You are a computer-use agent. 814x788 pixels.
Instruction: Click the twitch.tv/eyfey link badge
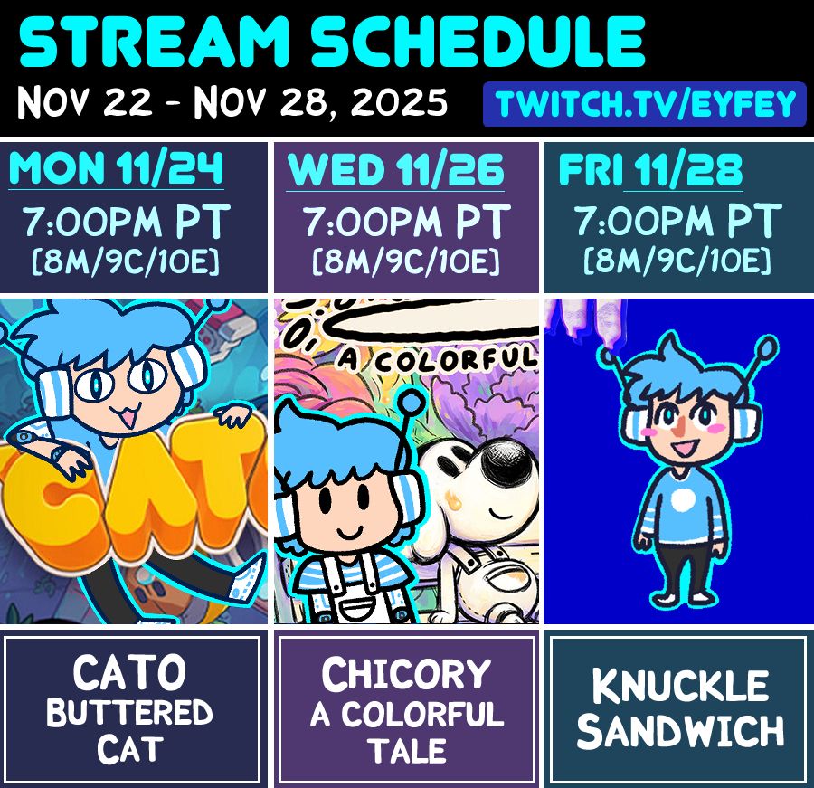pos(644,105)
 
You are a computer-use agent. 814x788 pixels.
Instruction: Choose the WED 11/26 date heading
pos(396,171)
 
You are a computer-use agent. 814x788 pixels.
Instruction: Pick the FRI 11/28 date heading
pos(650,170)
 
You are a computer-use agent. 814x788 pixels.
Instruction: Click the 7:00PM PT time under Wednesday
pos(406,222)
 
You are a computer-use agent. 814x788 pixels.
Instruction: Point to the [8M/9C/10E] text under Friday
pos(677,262)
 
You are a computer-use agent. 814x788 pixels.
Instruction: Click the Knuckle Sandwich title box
pos(677,709)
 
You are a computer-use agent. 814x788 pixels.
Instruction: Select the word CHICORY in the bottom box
pos(406,675)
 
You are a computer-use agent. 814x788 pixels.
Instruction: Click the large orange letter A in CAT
pos(136,502)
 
